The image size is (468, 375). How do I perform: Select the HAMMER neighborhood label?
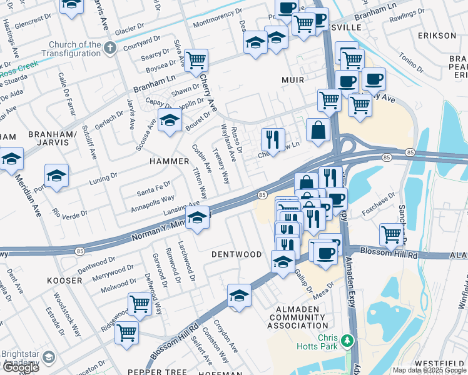(169, 161)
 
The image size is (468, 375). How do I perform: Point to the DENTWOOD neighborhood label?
(236, 254)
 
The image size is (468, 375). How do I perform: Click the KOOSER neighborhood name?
(64, 281)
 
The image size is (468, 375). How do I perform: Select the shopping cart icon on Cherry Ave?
(196, 61)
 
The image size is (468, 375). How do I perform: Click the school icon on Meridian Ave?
(11, 159)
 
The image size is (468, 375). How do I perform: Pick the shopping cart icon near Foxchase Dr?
(392, 235)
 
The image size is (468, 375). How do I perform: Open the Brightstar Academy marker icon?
(49, 357)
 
